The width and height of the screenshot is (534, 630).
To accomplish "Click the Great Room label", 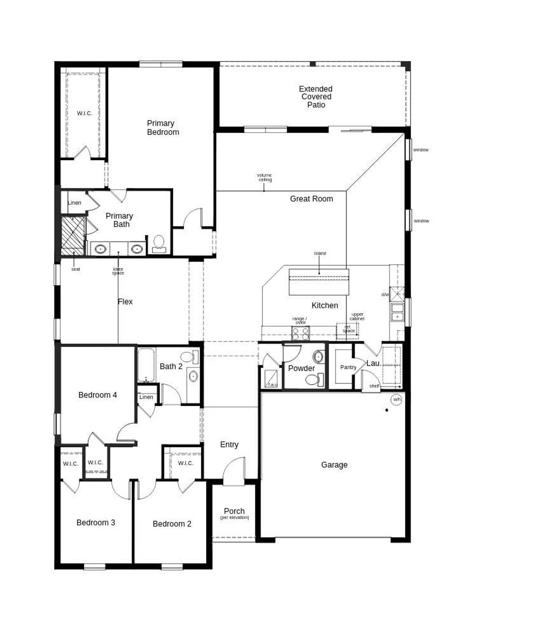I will click(311, 199).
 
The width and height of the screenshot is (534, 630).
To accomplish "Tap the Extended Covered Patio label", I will click(316, 97).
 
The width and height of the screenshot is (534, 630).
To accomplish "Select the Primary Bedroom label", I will click(162, 127).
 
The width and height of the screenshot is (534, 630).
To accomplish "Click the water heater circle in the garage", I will click(396, 400).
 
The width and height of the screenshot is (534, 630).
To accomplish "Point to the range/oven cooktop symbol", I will click(300, 333).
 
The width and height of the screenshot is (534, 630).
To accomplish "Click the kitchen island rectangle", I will click(319, 282).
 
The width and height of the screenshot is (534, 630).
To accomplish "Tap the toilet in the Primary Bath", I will click(159, 244).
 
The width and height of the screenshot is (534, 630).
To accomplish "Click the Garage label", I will click(334, 465).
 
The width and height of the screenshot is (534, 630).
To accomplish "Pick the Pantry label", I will click(348, 367).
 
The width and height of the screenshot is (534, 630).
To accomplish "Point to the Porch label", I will click(234, 511).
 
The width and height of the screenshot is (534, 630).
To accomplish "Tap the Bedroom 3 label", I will click(96, 522).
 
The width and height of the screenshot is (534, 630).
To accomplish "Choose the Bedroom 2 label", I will click(172, 524).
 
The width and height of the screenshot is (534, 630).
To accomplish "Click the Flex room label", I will click(125, 302).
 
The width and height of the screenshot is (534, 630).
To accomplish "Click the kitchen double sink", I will click(397, 312).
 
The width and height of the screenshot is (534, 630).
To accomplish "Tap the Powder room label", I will click(301, 368).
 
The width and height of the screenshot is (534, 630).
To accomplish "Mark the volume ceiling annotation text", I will click(264, 177).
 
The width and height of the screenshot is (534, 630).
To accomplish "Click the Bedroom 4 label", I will click(98, 395).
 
